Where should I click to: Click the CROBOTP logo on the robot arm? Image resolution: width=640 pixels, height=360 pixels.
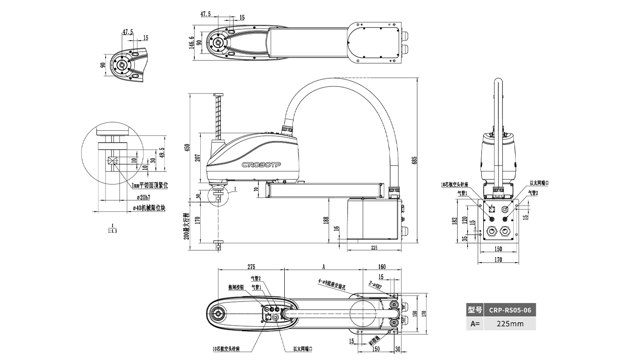point(261,164)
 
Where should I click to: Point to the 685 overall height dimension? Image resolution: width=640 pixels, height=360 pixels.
point(415,161)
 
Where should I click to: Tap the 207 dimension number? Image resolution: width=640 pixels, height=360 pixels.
point(197,158)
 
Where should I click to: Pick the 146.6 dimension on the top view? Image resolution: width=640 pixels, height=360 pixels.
point(192,42)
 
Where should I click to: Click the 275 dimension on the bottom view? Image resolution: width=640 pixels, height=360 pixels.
point(251,266)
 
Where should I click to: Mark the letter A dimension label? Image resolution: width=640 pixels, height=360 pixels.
point(324,266)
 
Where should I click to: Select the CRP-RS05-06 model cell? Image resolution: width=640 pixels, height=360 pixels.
point(510,310)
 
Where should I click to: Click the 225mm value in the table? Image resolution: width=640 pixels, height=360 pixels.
point(510,324)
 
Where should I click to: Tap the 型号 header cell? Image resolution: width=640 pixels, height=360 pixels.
point(475,310)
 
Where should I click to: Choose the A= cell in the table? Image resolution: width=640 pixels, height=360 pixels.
point(475,324)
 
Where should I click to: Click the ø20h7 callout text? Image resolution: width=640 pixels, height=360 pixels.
point(145,197)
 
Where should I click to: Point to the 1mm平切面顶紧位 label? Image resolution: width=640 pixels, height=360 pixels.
point(149,185)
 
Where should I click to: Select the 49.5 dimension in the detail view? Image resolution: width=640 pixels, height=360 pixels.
point(161,152)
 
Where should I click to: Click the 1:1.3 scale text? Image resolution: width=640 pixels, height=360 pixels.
point(112,231)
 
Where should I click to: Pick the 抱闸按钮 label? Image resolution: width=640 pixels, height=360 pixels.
point(236,287)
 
